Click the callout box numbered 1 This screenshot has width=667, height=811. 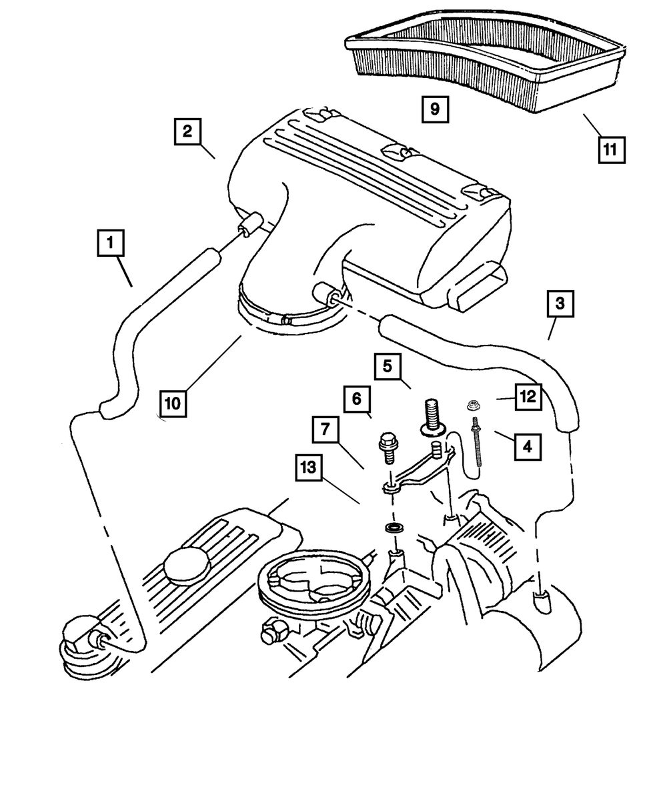pos(111,243)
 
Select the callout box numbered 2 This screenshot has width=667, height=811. pos(187,131)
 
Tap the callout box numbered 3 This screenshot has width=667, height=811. pos(560,303)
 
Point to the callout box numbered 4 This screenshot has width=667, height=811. pos(528,447)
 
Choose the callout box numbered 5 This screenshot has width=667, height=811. pos(388,366)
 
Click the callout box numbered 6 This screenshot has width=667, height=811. pos(357,399)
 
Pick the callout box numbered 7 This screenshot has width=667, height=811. pos(325,429)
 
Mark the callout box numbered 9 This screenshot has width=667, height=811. pos(435,109)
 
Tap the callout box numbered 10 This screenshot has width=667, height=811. pos(173,403)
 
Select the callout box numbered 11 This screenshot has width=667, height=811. pos(612,149)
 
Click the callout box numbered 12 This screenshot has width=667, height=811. pos(528,397)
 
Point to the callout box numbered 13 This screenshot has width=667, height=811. pos(309,468)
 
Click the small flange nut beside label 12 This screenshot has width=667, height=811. pos(473,405)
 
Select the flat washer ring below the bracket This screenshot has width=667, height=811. pos(394,528)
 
